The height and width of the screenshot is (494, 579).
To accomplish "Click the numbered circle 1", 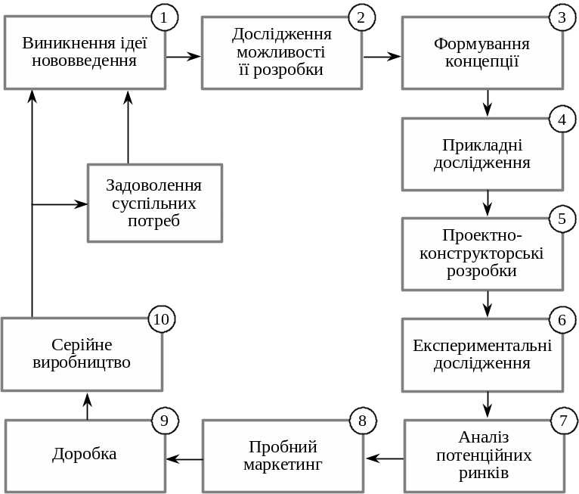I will click(164, 17).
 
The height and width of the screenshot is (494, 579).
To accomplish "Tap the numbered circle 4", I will click(562, 120).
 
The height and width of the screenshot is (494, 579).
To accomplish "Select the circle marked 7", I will click(563, 420).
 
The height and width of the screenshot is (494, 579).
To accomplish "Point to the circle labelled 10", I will click(161, 319).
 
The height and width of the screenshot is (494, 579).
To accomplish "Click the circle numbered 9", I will click(164, 421).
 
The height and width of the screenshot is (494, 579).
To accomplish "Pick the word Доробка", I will click(85, 454).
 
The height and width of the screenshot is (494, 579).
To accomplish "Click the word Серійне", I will click(82, 345).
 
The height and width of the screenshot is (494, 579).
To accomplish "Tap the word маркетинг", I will click(283, 464).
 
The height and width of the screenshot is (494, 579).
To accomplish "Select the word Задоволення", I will click(154, 185).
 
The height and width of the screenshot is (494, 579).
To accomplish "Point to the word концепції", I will click(481, 61).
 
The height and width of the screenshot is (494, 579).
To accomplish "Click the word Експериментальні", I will click(482, 346).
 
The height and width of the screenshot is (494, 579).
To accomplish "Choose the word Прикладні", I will click(482, 145).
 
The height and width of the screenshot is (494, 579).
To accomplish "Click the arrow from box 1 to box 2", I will click(184, 56).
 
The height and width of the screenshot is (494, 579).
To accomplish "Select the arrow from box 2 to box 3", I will click(382, 56).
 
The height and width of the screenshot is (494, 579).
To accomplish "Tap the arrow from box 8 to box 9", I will click(184, 458).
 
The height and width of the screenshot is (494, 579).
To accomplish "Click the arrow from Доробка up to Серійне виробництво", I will click(87, 406).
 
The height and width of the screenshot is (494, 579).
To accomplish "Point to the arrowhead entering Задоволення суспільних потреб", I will click(80, 204).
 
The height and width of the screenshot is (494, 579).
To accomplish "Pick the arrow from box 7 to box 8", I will click(385, 458).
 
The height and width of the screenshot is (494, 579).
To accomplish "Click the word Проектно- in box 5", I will click(481, 236).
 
